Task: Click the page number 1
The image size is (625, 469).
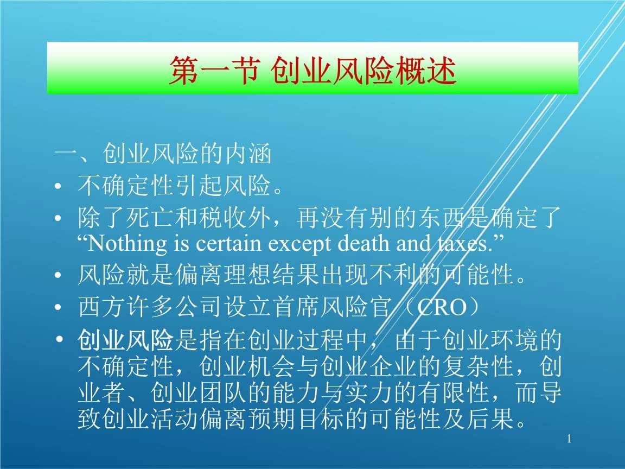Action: (x=569, y=439)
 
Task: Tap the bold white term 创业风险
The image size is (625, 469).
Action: (x=125, y=341)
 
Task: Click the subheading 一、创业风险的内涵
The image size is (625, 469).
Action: (x=163, y=155)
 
